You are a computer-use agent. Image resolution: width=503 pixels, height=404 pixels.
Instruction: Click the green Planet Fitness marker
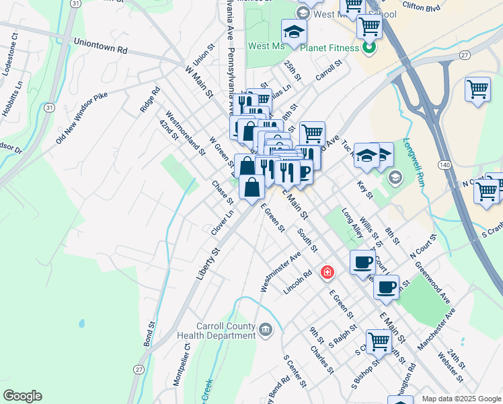coord(369,47)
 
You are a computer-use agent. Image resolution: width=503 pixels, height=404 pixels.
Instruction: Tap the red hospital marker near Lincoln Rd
coord(327,272)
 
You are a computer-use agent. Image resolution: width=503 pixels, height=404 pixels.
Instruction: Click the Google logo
coord(22,396)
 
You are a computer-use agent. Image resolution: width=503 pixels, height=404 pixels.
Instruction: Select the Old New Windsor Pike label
coord(81,119)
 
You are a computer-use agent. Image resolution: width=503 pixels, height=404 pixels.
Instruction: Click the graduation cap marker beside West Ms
coord(293,34)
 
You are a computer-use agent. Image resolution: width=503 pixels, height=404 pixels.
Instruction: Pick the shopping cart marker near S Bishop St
coord(379,342)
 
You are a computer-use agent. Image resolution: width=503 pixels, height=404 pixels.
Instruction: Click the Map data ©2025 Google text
coord(461,398)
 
